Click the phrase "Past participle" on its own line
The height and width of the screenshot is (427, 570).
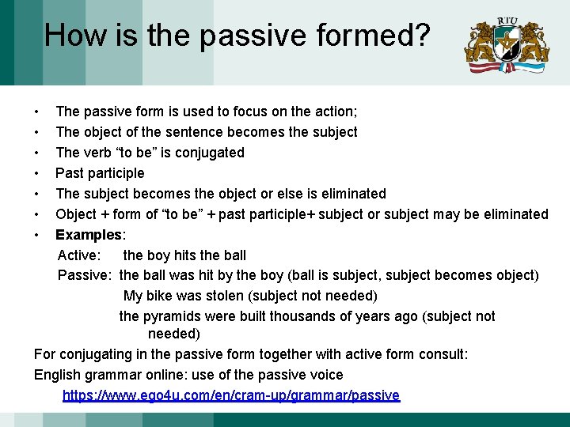pos(100,173)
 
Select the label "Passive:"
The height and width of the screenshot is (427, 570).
pos(85,275)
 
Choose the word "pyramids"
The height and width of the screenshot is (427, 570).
pos(170,316)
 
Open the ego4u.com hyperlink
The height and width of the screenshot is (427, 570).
pos(231,395)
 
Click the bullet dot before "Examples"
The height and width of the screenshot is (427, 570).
pos(37,235)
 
